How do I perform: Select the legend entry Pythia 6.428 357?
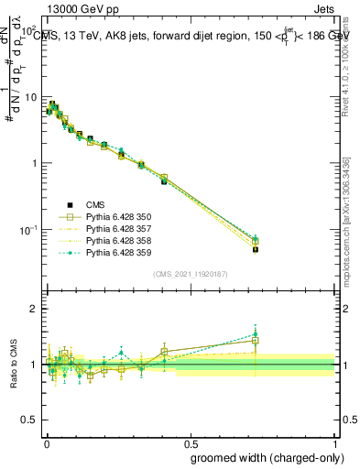coord(115,228)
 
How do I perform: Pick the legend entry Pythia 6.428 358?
coord(115,240)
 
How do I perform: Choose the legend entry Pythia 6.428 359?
coord(115,252)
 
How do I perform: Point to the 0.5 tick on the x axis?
coord(191,435)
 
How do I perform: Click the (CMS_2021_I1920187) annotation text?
coord(190,273)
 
